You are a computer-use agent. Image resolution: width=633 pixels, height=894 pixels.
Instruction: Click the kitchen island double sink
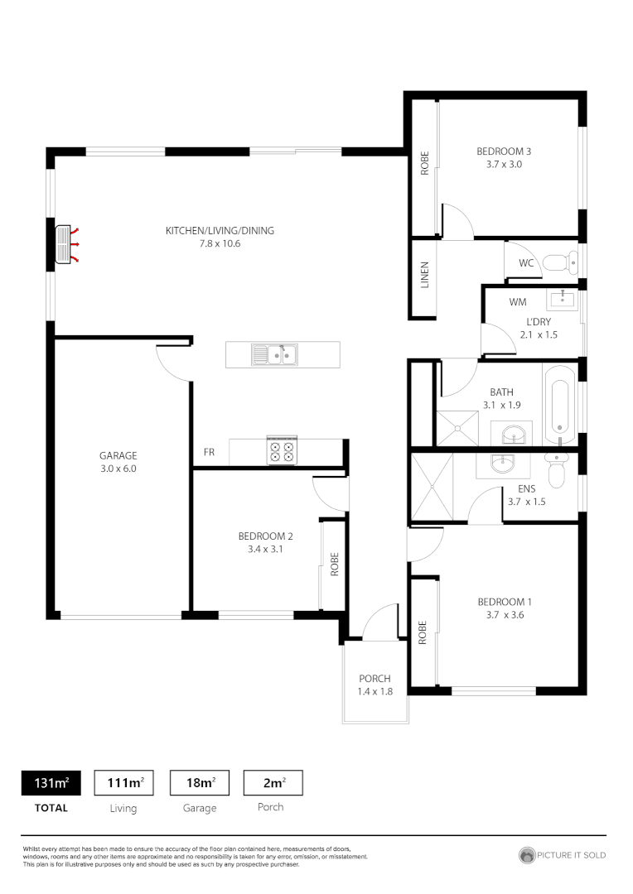(x=275, y=355)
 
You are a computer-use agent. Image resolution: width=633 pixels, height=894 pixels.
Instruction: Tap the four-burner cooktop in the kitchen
(x=281, y=451)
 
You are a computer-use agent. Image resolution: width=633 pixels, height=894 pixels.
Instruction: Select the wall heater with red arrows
(x=65, y=245)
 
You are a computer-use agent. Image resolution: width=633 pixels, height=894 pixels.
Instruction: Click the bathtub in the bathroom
(x=560, y=406)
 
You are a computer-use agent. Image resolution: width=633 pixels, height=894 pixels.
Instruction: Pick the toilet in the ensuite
(x=556, y=470)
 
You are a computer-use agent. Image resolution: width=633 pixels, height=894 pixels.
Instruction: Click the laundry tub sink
(x=563, y=298)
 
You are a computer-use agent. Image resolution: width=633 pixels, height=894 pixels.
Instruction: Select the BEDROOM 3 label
(x=503, y=151)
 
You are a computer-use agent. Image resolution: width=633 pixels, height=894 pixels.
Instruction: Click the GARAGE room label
(x=118, y=455)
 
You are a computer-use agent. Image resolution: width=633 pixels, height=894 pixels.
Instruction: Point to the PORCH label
(x=374, y=679)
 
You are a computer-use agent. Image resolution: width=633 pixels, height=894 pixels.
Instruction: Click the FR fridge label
(x=210, y=453)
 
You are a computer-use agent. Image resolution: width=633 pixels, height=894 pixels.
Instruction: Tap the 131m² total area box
(x=51, y=783)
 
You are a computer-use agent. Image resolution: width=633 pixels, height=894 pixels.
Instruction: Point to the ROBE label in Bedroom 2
(x=335, y=565)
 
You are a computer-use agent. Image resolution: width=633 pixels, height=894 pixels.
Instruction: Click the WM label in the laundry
(x=518, y=302)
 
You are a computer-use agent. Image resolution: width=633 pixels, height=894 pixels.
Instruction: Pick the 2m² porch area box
(x=273, y=783)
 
